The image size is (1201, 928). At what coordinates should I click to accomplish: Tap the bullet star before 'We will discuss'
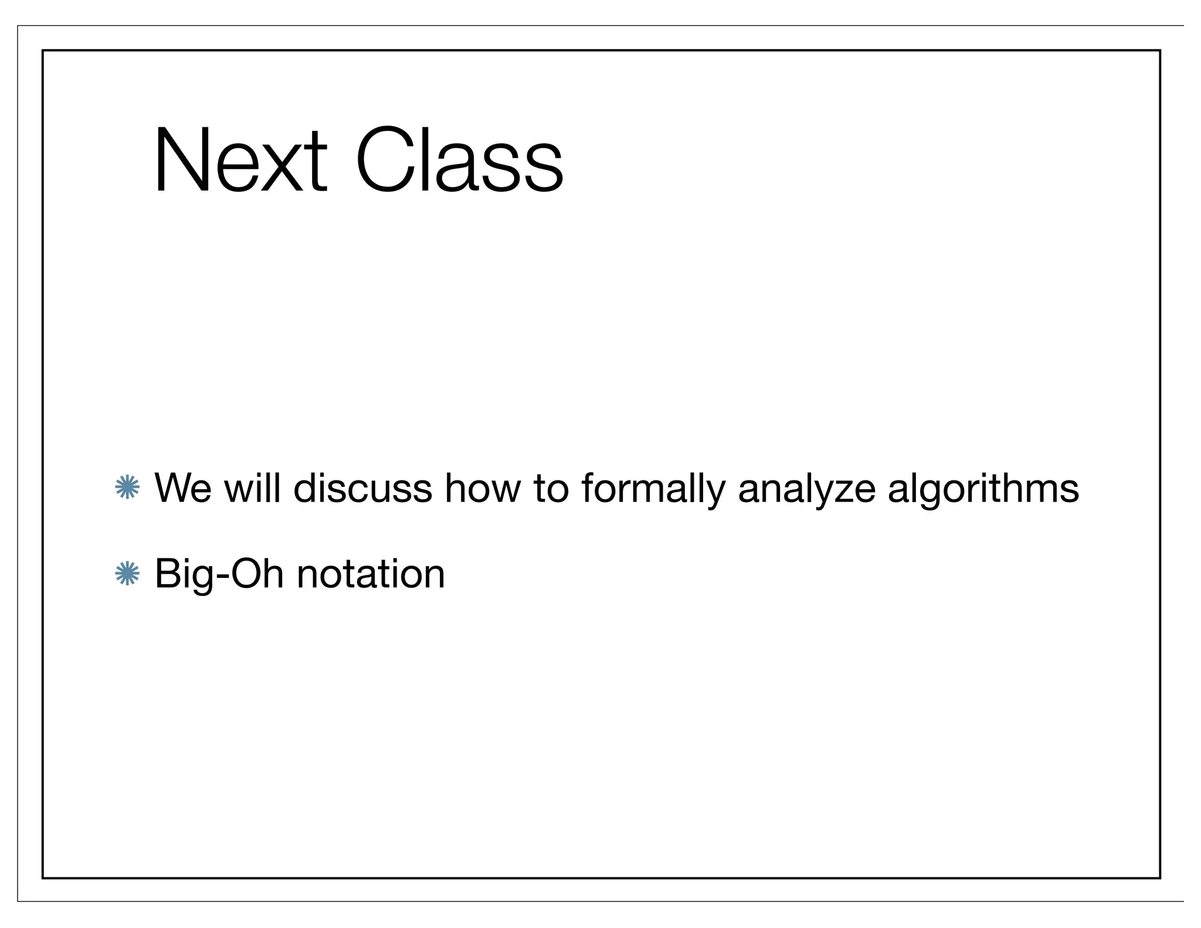tap(127, 488)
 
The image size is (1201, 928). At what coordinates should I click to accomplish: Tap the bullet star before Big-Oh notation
tap(127, 574)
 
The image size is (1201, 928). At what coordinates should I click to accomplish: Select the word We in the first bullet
tap(182, 488)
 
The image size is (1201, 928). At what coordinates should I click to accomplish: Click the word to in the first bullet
tap(551, 488)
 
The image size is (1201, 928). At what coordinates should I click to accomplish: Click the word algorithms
tap(983, 488)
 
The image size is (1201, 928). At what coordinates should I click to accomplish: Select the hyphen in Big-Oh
tap(220, 577)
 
